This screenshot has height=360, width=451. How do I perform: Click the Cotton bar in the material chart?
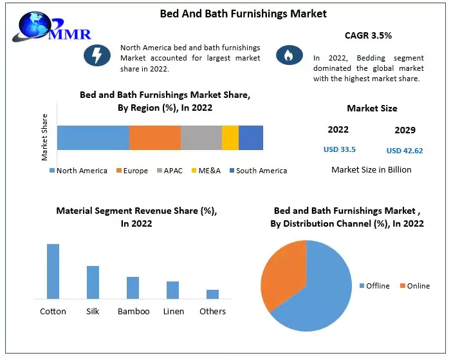(53, 271)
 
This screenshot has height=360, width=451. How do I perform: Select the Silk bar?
(93, 282)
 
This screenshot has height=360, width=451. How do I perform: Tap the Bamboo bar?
(133, 288)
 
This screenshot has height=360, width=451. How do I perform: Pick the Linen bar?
(172, 290)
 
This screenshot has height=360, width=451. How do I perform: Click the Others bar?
(212, 294)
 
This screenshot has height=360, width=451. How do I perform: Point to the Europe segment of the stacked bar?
(154, 138)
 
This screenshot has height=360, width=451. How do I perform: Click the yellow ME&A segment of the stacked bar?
(230, 138)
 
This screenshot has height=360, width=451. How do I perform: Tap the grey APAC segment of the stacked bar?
(201, 138)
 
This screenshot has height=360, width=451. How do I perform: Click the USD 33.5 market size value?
(339, 149)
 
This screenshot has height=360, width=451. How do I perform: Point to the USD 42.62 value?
(405, 151)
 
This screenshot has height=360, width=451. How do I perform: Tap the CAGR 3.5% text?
(369, 36)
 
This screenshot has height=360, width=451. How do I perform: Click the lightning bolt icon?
(97, 56)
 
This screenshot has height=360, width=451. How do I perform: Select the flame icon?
(289, 56)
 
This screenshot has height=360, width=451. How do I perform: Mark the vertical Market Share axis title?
(45, 137)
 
